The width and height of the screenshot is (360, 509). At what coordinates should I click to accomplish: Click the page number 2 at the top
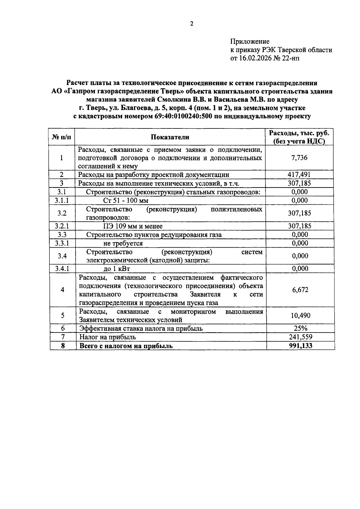point(192,24)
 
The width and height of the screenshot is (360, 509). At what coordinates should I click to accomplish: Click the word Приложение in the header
point(250,41)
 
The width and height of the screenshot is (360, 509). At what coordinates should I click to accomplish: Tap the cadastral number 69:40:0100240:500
point(183,116)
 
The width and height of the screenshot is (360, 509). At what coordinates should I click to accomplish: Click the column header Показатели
point(170,137)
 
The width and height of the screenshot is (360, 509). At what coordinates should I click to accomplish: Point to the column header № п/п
point(62,137)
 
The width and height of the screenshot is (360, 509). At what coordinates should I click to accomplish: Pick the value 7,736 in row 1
point(299,158)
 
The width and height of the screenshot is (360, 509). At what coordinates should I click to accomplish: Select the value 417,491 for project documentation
point(299,175)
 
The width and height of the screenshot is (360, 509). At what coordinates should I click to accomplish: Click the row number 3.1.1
point(62,200)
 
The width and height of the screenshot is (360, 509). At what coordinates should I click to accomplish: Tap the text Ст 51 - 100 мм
point(126,200)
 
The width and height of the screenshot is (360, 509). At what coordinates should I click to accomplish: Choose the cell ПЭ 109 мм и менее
point(133,226)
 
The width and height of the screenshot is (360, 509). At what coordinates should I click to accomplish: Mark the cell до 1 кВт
point(116,269)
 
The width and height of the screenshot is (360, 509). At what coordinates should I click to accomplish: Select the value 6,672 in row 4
point(300,290)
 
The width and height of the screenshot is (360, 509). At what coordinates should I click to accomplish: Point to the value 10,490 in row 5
point(300,315)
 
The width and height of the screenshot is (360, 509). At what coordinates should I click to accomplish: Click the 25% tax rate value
point(300,328)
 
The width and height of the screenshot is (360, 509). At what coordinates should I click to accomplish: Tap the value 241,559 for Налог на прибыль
point(300,337)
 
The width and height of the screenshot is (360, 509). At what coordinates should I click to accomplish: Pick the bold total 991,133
point(300,346)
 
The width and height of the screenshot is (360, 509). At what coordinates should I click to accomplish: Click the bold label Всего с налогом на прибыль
point(126,346)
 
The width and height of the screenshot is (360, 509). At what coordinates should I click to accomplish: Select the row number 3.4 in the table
point(62,256)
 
